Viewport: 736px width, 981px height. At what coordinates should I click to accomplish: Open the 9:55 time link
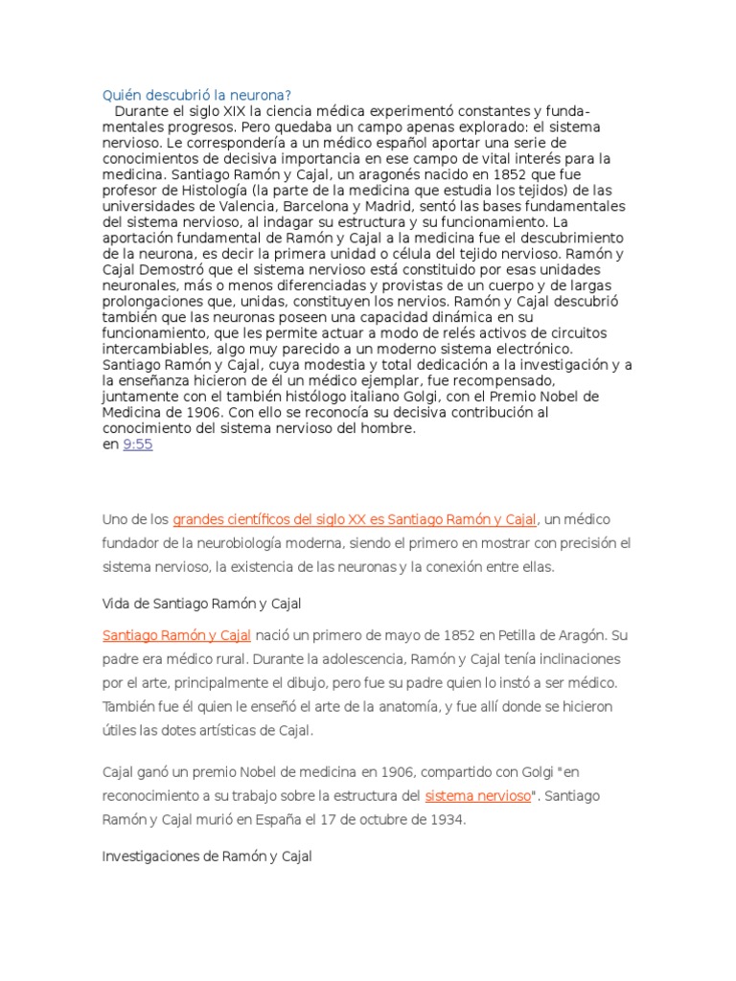tap(138, 445)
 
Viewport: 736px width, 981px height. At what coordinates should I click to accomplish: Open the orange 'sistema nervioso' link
tap(477, 795)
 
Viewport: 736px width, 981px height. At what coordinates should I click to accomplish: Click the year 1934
tap(445, 820)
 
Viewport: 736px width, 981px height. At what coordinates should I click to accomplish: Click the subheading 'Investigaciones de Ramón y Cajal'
tap(207, 856)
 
